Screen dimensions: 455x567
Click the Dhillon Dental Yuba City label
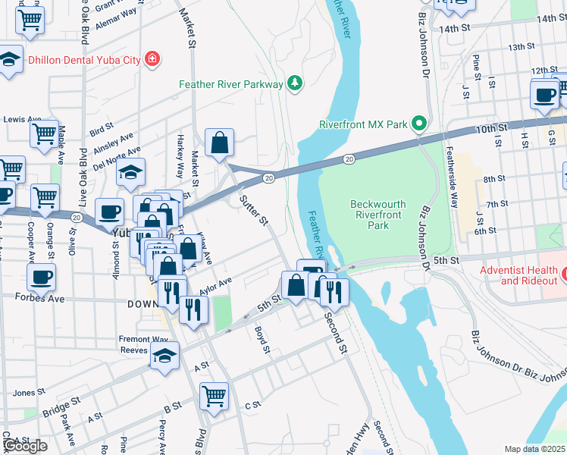click(83, 58)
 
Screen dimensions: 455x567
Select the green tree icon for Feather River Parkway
click(295, 83)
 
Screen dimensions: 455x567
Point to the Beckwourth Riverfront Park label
click(378, 215)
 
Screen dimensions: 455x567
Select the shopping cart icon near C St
click(215, 395)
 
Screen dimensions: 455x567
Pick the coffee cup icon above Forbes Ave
click(42, 276)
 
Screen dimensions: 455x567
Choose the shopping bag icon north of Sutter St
click(219, 142)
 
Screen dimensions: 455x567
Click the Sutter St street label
click(254, 211)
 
